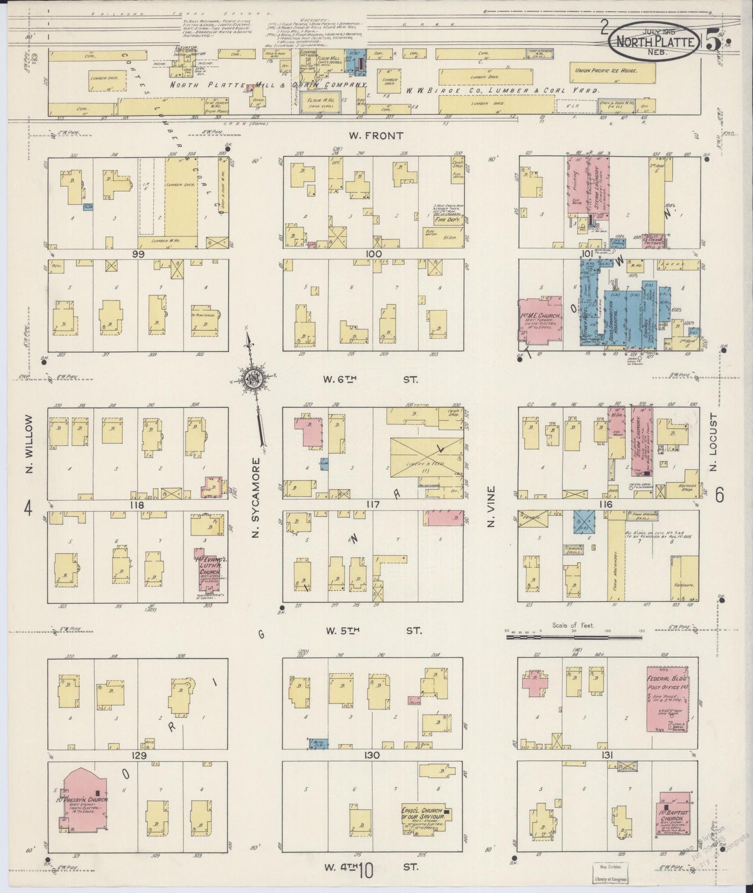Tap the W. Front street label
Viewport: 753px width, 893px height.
(368, 136)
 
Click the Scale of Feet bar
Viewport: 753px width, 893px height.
(576, 636)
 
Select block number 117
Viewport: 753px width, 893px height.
(373, 504)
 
